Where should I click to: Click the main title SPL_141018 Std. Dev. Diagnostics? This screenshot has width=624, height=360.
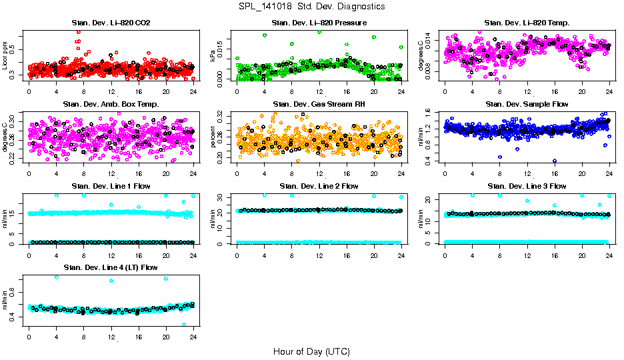tap(311, 7)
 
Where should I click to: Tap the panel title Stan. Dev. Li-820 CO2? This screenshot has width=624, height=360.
tap(111, 23)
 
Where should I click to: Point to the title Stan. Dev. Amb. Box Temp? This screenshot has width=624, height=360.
tap(111, 104)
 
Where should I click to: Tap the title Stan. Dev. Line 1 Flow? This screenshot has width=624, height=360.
tap(111, 186)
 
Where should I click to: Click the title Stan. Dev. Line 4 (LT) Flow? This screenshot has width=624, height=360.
tap(111, 267)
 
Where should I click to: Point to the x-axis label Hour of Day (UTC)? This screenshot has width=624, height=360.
tap(311, 351)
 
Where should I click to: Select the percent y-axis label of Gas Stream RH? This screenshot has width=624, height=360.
tap(213, 137)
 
